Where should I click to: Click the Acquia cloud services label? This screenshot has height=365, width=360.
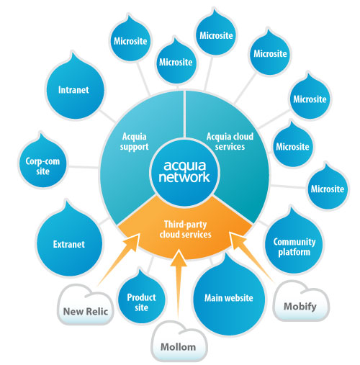[x=226, y=141]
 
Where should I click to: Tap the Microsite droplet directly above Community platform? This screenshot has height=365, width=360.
[x=326, y=189]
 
